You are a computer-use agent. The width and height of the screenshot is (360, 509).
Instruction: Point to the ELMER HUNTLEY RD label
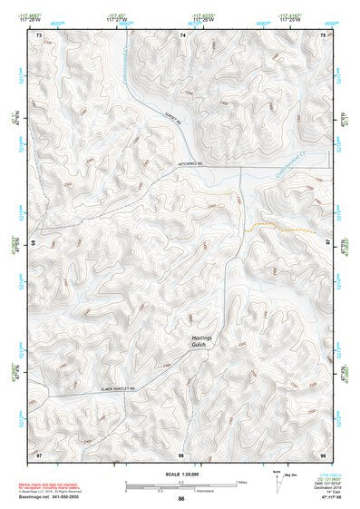point(117,388)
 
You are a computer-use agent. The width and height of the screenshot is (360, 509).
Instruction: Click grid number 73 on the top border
point(39,34)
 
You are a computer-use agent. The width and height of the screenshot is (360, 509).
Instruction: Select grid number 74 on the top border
point(182,34)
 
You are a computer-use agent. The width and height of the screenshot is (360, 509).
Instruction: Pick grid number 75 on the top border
point(323,34)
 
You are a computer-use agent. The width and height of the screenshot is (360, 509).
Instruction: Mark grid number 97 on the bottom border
point(39,452)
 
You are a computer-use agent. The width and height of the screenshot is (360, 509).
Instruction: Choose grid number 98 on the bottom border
point(181,452)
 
